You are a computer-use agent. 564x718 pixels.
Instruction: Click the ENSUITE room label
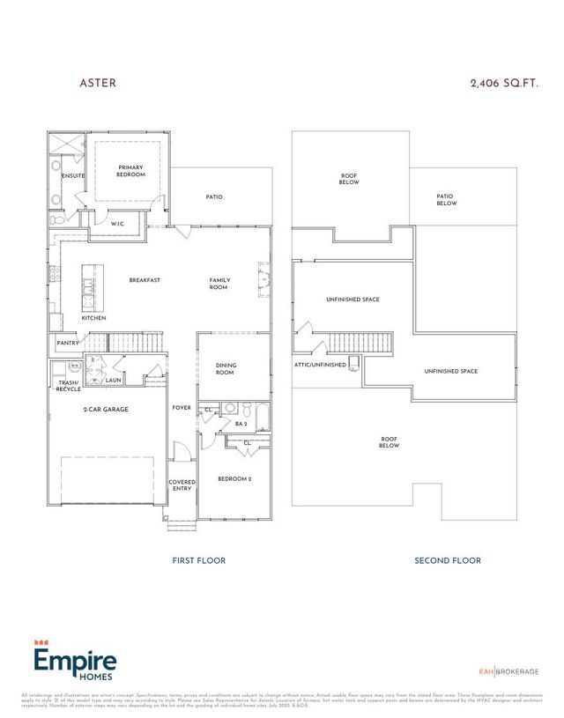73,176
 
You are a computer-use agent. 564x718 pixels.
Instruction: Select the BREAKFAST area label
145,280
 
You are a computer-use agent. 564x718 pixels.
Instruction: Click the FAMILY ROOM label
219,284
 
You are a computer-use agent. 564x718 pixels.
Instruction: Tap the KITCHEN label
94,317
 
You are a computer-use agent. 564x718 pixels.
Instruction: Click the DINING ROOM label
226,368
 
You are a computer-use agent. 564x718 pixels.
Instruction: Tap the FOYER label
182,407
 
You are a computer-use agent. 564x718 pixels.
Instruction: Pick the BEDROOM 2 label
234,478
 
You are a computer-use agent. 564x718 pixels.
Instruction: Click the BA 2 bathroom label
241,424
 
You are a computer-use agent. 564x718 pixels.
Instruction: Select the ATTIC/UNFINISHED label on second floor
319,364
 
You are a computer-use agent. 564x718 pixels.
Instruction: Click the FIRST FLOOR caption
198,560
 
